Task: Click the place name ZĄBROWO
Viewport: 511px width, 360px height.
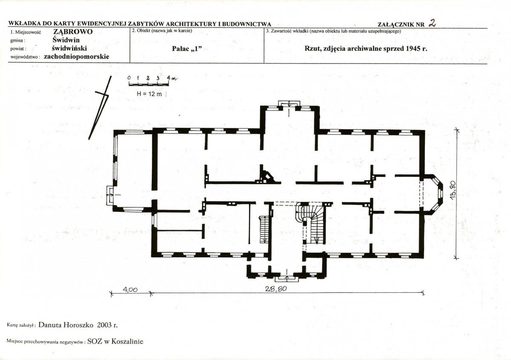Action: [73, 32]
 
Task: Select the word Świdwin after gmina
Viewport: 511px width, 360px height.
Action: [66, 40]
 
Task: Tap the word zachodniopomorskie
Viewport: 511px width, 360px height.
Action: [77, 56]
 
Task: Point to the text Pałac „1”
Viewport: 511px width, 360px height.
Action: [187, 49]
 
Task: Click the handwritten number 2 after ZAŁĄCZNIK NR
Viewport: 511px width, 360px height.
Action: [433, 23]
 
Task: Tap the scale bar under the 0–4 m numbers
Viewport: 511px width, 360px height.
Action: [149, 84]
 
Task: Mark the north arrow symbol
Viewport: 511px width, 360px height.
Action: [100, 107]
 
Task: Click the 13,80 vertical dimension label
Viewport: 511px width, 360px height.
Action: [453, 189]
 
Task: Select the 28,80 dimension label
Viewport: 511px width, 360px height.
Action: [276, 288]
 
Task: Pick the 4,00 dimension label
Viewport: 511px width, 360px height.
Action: [130, 290]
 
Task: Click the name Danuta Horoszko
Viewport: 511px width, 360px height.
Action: [66, 325]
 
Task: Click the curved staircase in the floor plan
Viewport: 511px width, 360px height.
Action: [311, 223]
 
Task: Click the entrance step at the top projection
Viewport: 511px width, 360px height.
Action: [289, 103]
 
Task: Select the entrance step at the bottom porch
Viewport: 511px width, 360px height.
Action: [286, 279]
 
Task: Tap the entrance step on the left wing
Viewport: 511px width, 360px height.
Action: [110, 195]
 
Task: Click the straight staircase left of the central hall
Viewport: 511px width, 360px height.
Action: [264, 229]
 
